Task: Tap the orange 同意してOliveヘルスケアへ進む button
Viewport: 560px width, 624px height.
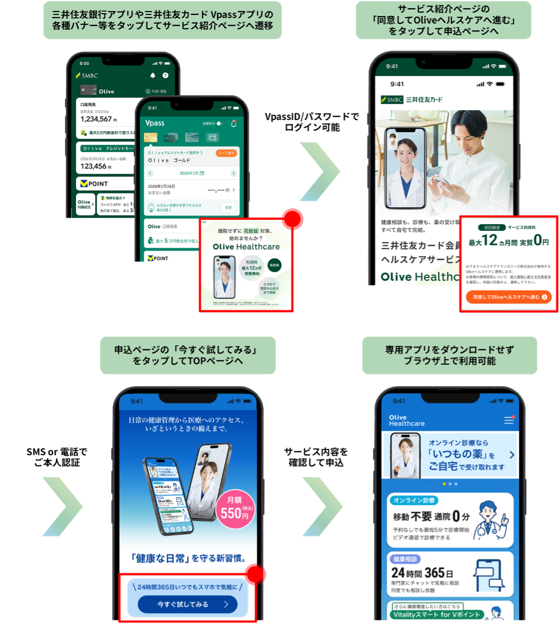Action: tap(508, 297)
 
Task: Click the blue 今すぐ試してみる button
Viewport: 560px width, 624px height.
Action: tap(187, 604)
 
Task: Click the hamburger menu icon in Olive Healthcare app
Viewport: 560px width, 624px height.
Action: tap(509, 420)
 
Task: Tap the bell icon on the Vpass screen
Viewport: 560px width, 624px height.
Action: tap(234, 123)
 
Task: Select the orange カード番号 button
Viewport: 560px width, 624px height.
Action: tap(227, 153)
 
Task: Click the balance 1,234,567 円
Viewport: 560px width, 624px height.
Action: tap(96, 119)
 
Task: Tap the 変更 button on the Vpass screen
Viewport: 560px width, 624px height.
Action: tap(228, 208)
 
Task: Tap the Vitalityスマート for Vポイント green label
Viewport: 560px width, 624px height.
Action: tap(437, 614)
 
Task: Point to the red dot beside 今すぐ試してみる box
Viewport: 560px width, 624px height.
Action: tap(256, 574)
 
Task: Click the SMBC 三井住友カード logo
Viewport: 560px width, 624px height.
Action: tap(411, 100)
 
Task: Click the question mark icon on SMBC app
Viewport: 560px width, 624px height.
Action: tap(165, 75)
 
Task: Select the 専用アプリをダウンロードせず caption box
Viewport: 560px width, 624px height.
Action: tap(449, 355)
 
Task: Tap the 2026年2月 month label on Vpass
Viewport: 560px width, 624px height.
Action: tap(191, 173)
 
